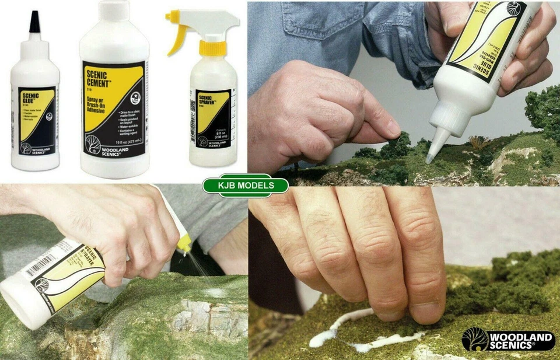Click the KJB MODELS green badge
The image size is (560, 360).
(245, 186)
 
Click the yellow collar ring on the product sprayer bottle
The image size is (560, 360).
(212, 48)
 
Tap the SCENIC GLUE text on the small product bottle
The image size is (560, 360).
(29, 98)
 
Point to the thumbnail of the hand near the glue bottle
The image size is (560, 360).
(392, 127)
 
